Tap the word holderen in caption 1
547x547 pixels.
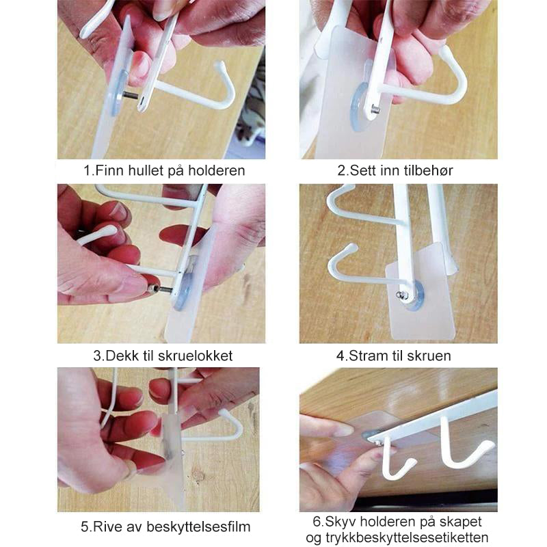[x=217, y=170]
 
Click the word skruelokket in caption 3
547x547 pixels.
[x=196, y=356]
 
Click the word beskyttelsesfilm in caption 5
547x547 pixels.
[x=198, y=526]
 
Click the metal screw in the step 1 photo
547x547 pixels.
[x=130, y=95]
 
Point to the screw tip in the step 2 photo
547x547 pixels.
[x=375, y=110]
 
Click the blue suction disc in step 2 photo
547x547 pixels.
[x=360, y=105]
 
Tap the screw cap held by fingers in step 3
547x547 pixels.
[x=152, y=289]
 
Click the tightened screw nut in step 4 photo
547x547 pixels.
[x=402, y=295]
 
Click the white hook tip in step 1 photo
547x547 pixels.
[x=219, y=65]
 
